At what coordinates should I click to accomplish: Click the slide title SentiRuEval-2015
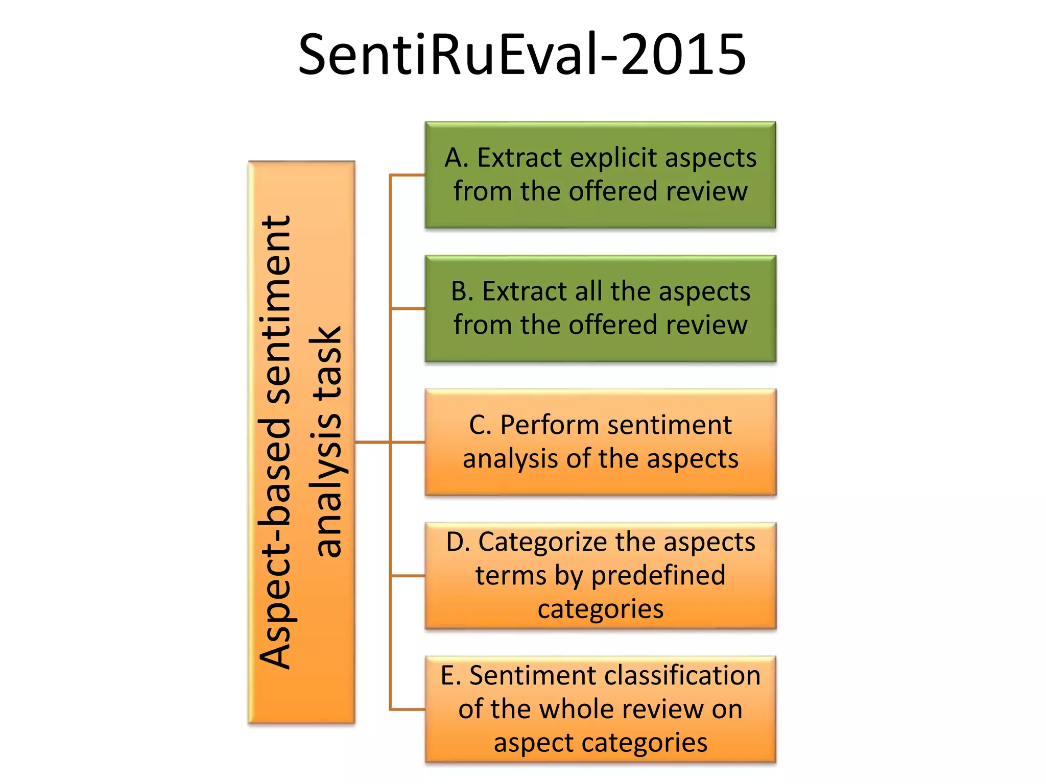[x=522, y=54]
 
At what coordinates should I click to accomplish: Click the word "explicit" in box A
[x=613, y=158]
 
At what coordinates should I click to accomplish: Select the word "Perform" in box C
[x=539, y=425]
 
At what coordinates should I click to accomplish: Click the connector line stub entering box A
[x=408, y=175]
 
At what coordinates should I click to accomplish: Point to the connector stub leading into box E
[x=408, y=709]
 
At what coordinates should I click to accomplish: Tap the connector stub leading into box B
[x=408, y=309]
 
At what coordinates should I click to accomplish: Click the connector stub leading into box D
[x=408, y=576]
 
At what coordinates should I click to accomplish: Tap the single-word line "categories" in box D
[x=601, y=609]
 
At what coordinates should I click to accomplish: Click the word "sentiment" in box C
[x=667, y=425]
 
